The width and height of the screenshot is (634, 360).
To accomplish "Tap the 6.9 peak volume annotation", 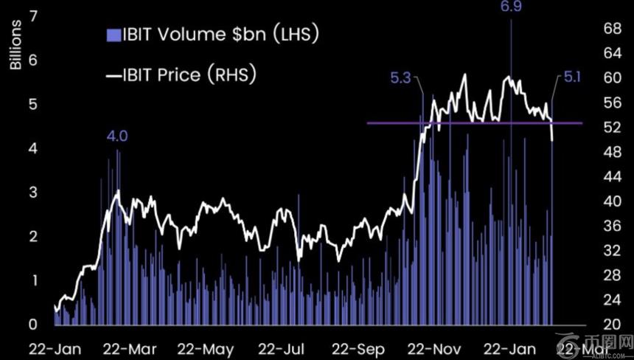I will tap(511, 7).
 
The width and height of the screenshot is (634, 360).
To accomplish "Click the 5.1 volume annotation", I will tap(572, 76).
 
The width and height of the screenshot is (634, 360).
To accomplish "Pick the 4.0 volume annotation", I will tap(117, 136).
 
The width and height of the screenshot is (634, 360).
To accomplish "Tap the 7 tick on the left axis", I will tap(34, 16).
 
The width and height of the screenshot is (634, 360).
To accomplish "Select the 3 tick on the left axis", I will tap(34, 193).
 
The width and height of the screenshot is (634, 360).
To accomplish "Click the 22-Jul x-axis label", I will tap(284, 347).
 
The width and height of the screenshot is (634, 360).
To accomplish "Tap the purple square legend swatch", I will tap(113, 35).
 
